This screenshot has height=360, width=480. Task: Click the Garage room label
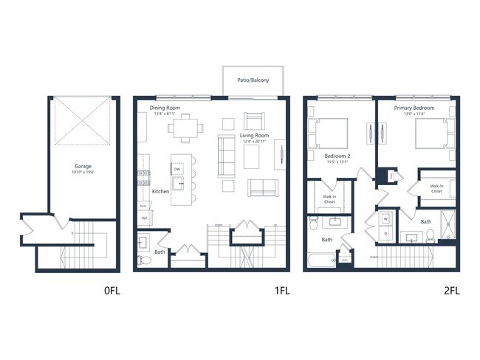pos(82,167)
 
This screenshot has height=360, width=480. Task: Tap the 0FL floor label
pos(112,290)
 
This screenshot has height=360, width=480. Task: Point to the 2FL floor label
pos(451,290)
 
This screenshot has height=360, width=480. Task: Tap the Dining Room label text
pos(166,108)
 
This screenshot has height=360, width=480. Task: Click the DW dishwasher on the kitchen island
pos(177,169)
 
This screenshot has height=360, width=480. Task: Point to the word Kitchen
pos(161,191)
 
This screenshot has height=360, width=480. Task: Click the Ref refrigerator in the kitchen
pos(145,218)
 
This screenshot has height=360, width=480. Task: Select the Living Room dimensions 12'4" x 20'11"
pos(254,140)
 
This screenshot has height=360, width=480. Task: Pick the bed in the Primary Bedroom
pos(428,136)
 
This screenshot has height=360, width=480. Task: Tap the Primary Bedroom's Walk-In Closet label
pos(436,189)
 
